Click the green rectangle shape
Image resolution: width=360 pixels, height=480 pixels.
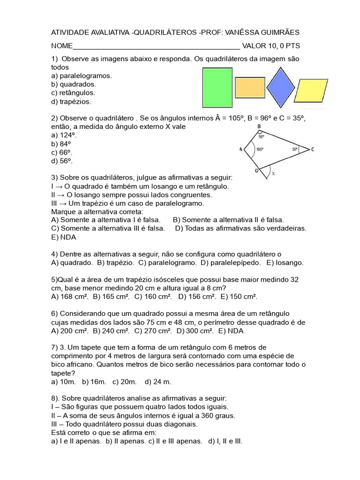217,88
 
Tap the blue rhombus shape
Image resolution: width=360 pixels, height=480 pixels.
280,87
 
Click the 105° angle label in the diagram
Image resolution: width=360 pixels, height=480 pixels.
260,150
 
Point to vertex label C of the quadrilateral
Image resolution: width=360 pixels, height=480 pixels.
313,149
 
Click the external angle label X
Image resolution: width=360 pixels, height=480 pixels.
273,173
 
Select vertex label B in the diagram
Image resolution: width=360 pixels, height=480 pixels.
259,127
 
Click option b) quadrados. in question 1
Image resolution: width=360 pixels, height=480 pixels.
74,84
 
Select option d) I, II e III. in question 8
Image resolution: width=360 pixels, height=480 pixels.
223,441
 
